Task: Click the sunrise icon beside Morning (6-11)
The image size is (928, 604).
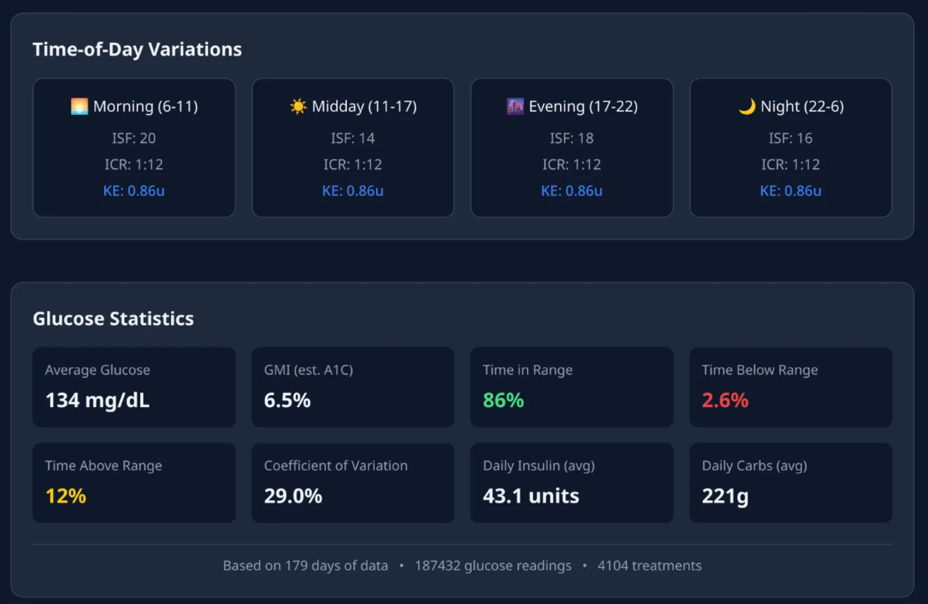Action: [79, 107]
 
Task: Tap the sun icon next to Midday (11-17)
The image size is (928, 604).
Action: [298, 107]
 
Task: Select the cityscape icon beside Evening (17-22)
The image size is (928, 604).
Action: [516, 107]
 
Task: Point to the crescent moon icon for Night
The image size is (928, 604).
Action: [747, 107]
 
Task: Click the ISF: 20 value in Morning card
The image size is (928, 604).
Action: [134, 138]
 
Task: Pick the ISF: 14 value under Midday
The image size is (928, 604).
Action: [353, 138]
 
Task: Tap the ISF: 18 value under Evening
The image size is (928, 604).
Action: [572, 138]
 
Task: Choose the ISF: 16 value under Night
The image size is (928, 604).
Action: [791, 138]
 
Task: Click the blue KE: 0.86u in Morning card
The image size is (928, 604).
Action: [134, 191]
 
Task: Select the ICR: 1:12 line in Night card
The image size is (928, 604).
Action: [791, 165]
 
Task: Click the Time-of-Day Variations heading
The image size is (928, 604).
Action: [137, 49]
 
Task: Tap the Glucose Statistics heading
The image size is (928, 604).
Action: [113, 319]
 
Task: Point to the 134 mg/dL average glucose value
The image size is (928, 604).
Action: [97, 400]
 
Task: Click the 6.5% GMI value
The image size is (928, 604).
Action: [287, 400]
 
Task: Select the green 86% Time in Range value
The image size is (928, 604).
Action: [503, 400]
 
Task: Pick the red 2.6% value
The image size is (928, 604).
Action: [725, 400]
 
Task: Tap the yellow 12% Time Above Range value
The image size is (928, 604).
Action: [66, 496]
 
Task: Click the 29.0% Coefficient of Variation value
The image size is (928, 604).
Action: [293, 496]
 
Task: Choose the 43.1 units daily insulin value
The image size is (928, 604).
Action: [531, 496]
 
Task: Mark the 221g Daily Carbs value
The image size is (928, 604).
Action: [725, 497]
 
